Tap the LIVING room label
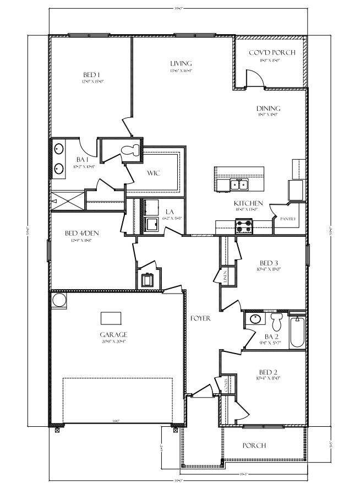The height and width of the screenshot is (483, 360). pos(180,64)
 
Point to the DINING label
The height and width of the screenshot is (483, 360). pos(269,108)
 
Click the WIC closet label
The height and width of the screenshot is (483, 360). pos(154,173)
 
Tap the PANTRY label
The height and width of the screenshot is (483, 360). pos(288,219)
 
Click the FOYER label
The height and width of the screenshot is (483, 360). pos(201,318)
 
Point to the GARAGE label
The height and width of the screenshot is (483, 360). pos(113,334)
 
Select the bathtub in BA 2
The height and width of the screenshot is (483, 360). pos(297,331)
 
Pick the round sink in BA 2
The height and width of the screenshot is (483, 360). pos(255,319)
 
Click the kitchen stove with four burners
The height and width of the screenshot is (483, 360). pos(244,225)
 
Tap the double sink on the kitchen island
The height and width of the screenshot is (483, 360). pos(238,184)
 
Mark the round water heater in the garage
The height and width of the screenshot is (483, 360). pos(58,300)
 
